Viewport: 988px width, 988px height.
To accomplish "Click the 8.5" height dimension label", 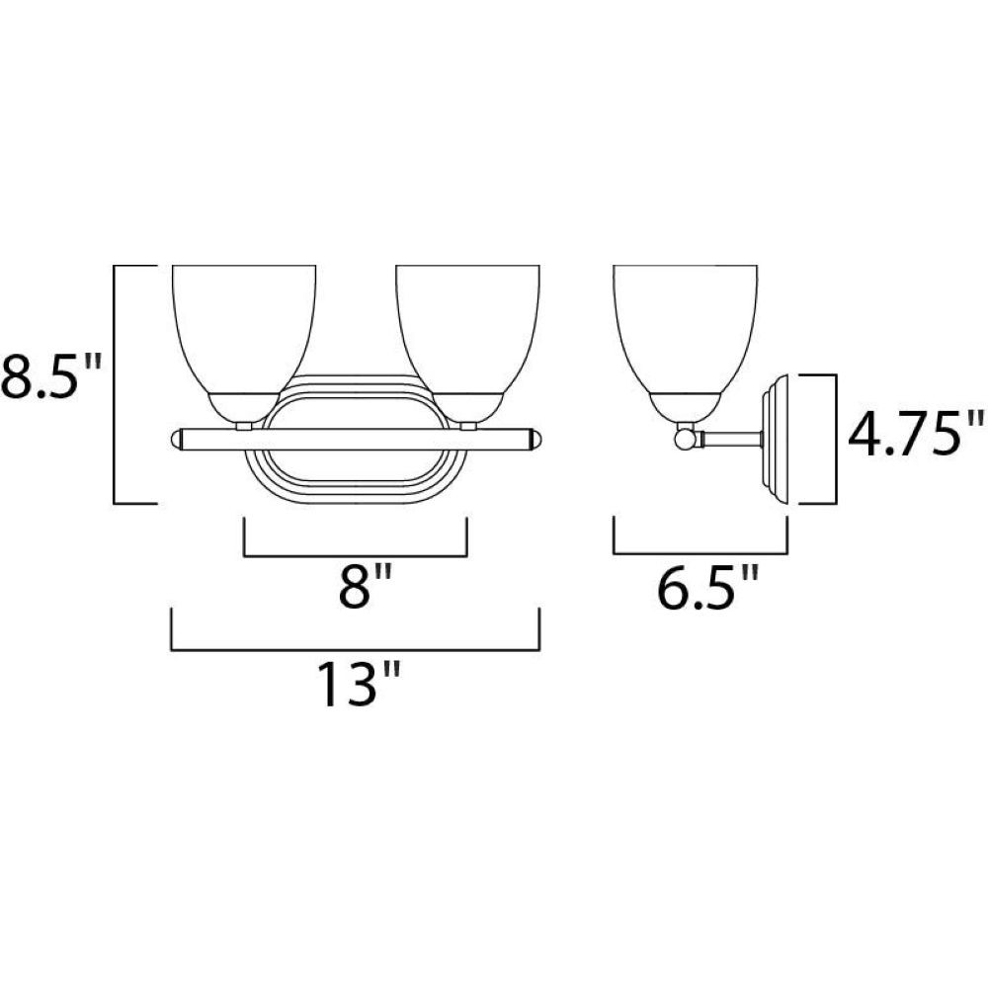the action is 50,376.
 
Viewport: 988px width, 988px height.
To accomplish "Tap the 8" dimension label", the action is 366,586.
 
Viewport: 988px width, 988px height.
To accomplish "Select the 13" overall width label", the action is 358,684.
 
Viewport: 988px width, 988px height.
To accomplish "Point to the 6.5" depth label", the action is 707,588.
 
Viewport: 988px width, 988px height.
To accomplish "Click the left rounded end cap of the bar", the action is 177,440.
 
